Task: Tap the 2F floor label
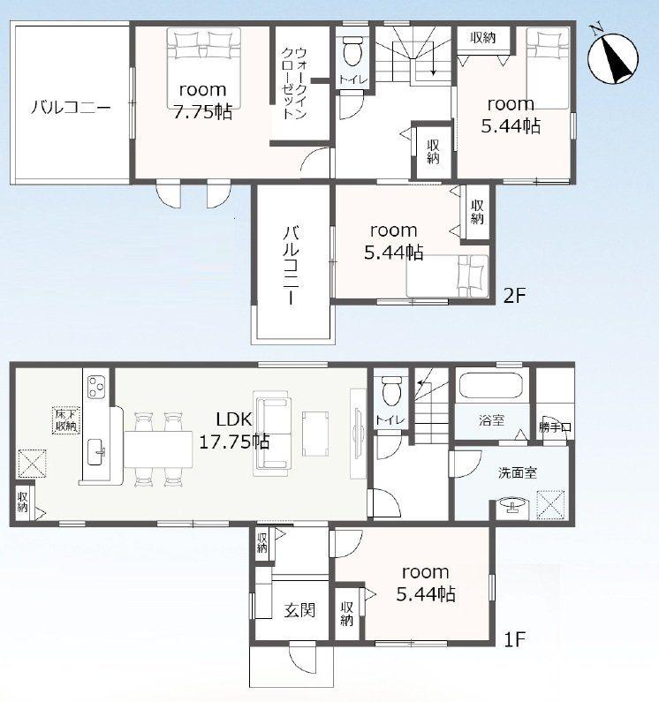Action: tap(514, 295)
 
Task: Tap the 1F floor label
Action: tap(514, 639)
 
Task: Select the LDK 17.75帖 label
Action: tap(234, 431)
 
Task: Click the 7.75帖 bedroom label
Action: tap(203, 101)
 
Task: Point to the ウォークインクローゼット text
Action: tap(294, 83)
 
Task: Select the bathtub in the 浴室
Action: tap(491, 385)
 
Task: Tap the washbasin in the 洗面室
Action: tap(511, 506)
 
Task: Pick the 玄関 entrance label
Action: tap(299, 610)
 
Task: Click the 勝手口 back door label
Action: tap(555, 426)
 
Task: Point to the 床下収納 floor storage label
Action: tap(66, 419)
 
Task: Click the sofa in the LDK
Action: tap(272, 434)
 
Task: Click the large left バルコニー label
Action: tap(71, 108)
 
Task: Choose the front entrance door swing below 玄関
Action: tap(303, 658)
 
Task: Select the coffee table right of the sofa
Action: tap(315, 434)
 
